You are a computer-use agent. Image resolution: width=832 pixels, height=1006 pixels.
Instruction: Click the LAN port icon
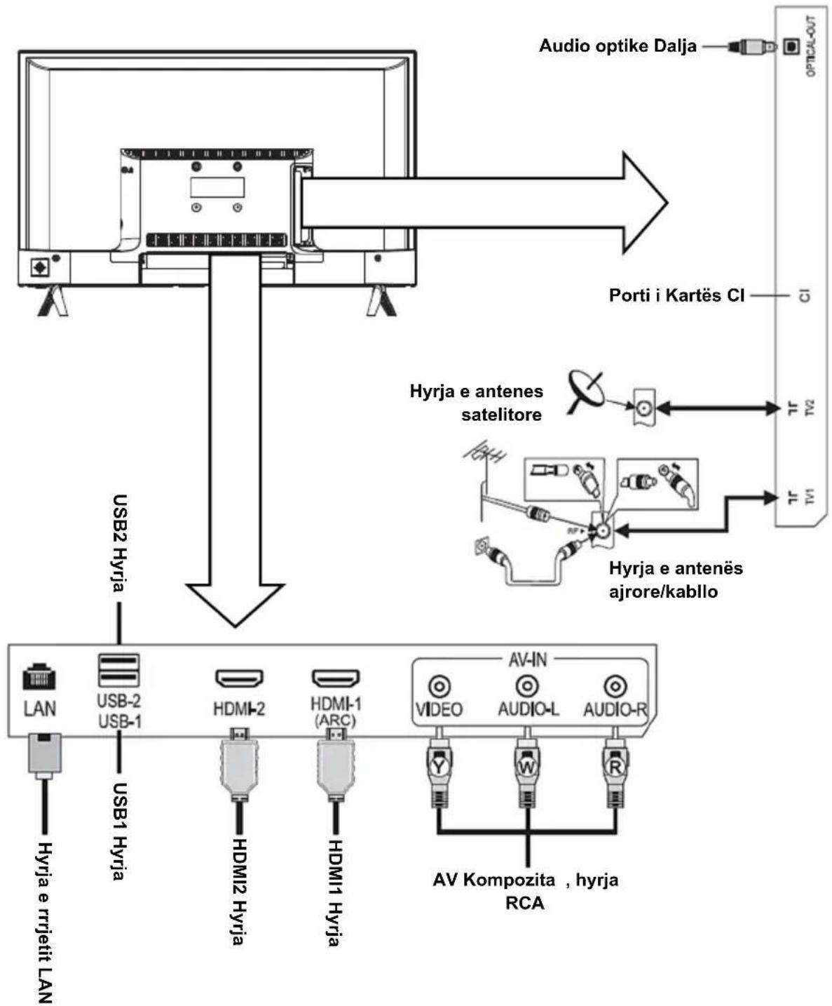[x=39, y=676]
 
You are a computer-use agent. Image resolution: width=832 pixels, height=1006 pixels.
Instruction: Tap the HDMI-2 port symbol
[x=239, y=678]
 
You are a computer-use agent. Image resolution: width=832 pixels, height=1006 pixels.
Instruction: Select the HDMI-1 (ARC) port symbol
[x=336, y=678]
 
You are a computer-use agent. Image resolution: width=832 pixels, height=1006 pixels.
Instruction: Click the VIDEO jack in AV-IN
[x=439, y=686]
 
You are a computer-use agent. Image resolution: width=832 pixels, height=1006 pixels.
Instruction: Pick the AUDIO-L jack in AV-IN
[x=527, y=685]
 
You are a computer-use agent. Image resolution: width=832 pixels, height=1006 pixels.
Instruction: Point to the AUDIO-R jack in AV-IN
[x=615, y=686]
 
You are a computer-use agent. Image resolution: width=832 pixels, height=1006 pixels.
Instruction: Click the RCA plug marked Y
[x=439, y=767]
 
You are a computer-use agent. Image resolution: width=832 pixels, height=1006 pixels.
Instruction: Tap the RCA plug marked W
[x=527, y=767]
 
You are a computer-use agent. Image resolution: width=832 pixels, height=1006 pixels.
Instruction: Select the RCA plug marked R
[x=615, y=767]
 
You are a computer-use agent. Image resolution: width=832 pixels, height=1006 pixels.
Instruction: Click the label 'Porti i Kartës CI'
[x=676, y=295]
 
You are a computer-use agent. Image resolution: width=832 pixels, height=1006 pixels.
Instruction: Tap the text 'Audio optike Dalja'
[x=618, y=46]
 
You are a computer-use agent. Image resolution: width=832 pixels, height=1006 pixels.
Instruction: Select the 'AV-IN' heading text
[x=528, y=659]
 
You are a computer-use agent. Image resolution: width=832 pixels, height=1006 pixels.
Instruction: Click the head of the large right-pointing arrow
[x=645, y=202]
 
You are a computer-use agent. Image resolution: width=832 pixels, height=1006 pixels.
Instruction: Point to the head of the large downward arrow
[x=235, y=605]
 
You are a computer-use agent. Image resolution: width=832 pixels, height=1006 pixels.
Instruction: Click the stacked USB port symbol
[x=118, y=670]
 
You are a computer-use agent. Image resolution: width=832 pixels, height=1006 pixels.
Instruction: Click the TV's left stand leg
[x=53, y=301]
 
